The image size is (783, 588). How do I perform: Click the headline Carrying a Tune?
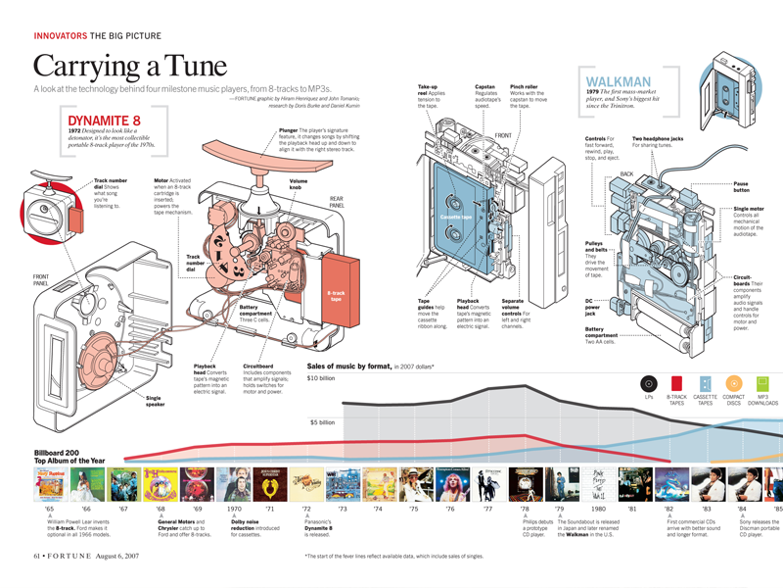point(129,67)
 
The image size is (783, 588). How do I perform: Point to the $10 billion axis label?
point(322,377)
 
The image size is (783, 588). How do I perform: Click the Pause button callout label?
point(749,187)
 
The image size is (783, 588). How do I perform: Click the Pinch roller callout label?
point(526,86)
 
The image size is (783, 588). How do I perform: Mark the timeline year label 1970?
point(235,510)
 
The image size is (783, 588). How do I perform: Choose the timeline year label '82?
point(668,510)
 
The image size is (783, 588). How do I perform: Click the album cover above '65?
point(49,484)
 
